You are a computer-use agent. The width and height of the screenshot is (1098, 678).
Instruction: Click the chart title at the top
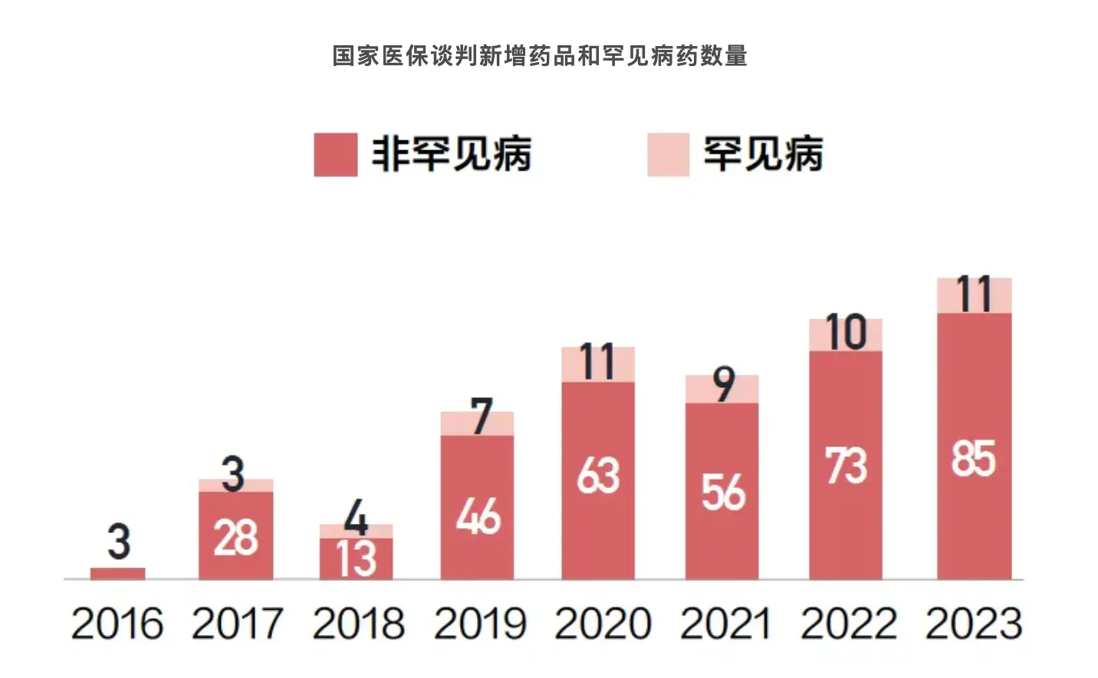click(x=540, y=56)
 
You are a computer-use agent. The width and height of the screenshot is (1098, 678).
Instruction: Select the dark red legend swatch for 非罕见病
click(x=335, y=154)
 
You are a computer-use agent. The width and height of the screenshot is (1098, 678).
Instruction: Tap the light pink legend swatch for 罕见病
click(x=668, y=154)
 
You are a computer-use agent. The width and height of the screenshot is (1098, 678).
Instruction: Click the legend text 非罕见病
click(x=451, y=154)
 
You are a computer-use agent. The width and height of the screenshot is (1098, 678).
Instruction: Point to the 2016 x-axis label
click(x=117, y=624)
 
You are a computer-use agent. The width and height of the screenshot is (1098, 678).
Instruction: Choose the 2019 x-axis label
click(x=480, y=624)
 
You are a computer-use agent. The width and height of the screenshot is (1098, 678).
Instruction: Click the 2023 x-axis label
click(x=974, y=624)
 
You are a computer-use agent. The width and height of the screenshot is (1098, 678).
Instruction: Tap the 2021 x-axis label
click(x=725, y=624)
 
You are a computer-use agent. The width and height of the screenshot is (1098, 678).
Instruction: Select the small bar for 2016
click(x=117, y=573)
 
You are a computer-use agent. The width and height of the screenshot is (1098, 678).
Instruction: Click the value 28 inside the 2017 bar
click(x=235, y=538)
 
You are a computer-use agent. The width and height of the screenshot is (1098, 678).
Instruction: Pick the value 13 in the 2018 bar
click(x=357, y=559)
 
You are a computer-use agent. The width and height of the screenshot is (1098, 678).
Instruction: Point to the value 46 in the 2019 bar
click(x=478, y=516)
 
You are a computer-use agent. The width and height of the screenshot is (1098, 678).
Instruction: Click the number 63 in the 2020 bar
click(x=598, y=476)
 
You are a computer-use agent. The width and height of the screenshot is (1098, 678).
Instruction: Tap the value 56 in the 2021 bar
click(x=722, y=492)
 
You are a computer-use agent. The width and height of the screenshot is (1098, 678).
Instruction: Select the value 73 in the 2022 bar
click(x=846, y=466)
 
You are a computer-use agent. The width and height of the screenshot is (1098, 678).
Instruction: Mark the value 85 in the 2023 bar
click(x=974, y=459)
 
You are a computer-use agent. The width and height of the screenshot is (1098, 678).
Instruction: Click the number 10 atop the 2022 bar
click(x=846, y=333)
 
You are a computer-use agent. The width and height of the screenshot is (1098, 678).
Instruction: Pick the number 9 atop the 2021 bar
click(x=723, y=384)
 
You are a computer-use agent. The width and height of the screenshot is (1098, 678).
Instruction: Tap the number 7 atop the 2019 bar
click(x=481, y=416)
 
